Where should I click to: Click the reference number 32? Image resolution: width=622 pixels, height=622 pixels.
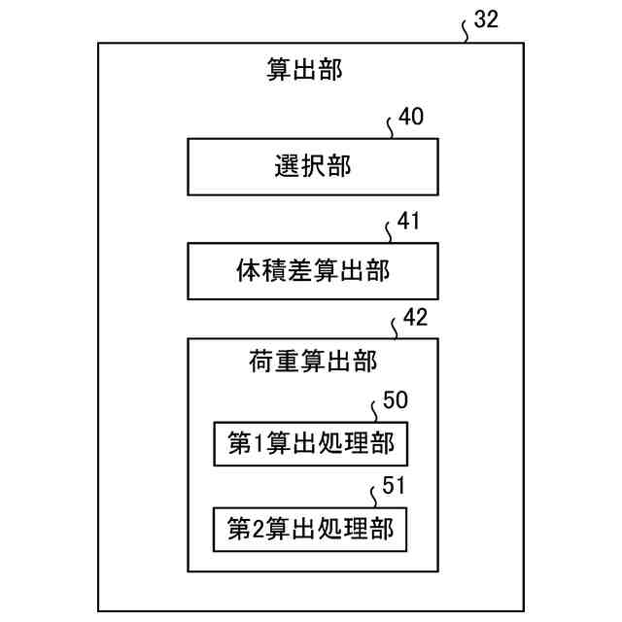(486, 20)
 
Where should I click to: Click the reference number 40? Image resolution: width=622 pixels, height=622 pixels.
(411, 118)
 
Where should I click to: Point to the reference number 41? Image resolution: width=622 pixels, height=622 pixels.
(409, 222)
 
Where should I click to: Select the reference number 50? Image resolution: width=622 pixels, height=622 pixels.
(396, 400)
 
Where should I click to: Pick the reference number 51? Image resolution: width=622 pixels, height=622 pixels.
(395, 487)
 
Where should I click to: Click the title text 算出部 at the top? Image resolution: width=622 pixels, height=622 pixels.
(304, 69)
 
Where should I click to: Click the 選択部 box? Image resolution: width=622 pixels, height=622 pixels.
(312, 166)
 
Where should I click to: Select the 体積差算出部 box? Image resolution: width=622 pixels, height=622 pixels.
(312, 271)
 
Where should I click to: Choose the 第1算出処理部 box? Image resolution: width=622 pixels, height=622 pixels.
(311, 444)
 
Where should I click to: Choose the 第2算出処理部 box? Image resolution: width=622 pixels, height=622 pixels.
(311, 530)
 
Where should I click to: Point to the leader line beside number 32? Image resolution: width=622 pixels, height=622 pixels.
(466, 32)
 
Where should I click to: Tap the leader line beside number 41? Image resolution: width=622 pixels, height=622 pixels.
(390, 232)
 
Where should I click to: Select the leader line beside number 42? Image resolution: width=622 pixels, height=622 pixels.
(393, 328)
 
